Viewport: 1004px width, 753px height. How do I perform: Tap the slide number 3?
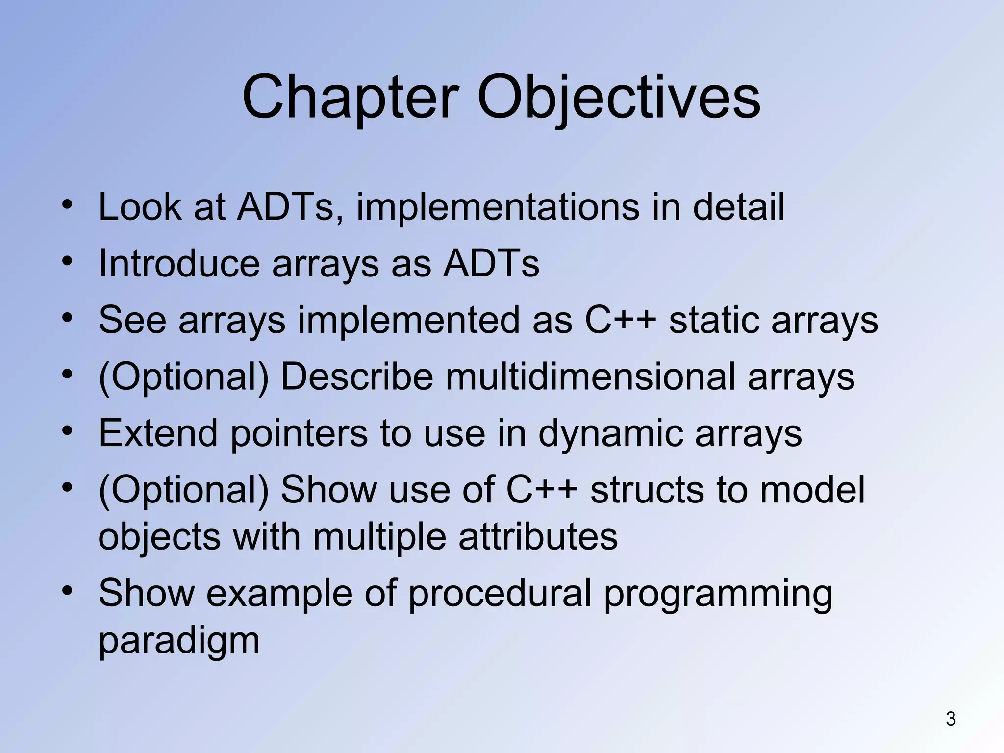pyautogui.click(x=951, y=719)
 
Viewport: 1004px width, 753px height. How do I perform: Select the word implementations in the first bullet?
pyautogui.click(x=498, y=207)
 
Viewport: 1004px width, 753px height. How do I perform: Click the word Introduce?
pyautogui.click(x=179, y=264)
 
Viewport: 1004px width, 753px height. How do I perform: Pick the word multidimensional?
pyautogui.click(x=590, y=376)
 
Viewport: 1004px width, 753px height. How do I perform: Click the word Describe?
pyautogui.click(x=357, y=376)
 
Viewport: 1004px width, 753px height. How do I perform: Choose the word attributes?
pyautogui.click(x=538, y=536)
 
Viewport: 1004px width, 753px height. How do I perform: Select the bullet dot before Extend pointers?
pyautogui.click(x=68, y=431)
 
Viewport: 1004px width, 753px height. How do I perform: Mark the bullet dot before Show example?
pyautogui.click(x=68, y=590)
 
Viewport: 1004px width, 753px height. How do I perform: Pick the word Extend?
pyautogui.click(x=158, y=433)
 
